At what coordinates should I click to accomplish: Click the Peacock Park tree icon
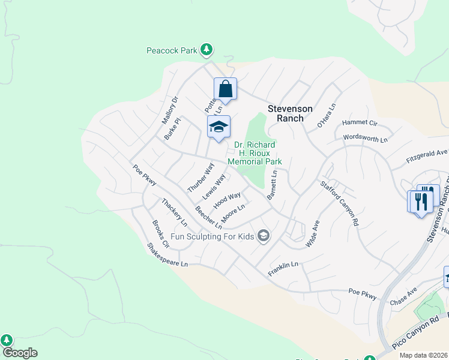click(x=206, y=50)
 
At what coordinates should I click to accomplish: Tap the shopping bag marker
click(x=225, y=89)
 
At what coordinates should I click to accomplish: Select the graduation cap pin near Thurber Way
click(x=218, y=127)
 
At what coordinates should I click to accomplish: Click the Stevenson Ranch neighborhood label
click(x=290, y=113)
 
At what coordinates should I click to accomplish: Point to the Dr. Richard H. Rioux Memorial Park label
click(x=255, y=153)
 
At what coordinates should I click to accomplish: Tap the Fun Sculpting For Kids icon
click(x=262, y=236)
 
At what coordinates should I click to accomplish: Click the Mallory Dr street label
click(x=170, y=110)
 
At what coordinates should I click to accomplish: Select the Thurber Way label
click(x=200, y=177)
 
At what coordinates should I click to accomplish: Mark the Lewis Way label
click(x=214, y=187)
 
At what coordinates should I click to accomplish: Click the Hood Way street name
click(x=226, y=200)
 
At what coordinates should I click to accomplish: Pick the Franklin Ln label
click(x=283, y=265)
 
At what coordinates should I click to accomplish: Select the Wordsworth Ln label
click(x=365, y=139)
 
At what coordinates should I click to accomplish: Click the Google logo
click(x=19, y=353)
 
